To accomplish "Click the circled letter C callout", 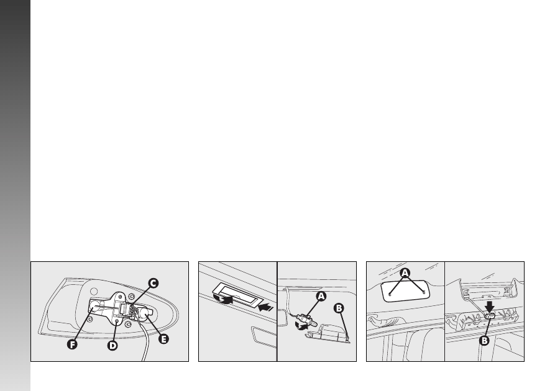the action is coord(153,283).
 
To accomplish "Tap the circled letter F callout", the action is coord(72,344).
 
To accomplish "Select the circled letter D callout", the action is coord(112,346).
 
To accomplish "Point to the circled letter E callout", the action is coord(163,339).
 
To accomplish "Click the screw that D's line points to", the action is coord(117,320).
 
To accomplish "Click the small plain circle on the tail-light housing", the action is coord(94,292).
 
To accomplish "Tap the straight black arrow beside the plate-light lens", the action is coord(266,307).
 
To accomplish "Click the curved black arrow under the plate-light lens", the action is coord(224,299).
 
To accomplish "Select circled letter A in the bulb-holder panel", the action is coord(321,296).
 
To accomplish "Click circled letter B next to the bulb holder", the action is coord(339,308).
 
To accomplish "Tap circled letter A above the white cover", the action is coord(405,273).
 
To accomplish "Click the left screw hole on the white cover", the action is coord(390,294).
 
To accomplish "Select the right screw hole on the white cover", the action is coord(424,292).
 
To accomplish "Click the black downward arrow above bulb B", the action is coord(490,307).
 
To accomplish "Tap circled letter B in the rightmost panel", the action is coord(484,341).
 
